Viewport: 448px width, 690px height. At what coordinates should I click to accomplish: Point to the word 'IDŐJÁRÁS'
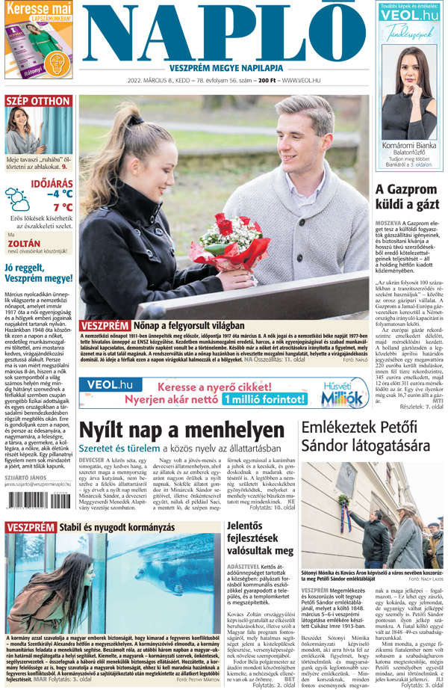click(x=52, y=182)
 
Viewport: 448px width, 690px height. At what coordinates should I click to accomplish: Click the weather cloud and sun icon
click(x=17, y=199)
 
